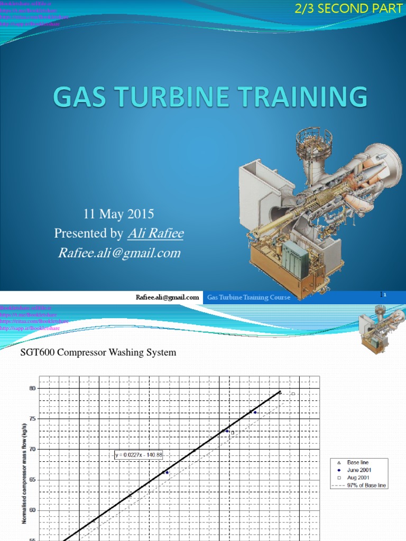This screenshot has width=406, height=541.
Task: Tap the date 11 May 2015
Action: click(x=119, y=214)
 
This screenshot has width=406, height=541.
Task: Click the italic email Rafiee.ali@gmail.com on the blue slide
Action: click(x=119, y=253)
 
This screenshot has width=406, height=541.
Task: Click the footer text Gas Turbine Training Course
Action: click(x=248, y=297)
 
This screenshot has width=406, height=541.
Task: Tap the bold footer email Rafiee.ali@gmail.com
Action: click(x=167, y=297)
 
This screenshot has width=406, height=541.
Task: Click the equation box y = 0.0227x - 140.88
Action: click(x=140, y=454)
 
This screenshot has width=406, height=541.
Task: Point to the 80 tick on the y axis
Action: click(x=32, y=388)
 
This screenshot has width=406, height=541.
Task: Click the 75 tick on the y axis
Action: click(x=32, y=419)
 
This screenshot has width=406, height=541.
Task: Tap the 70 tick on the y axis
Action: click(x=32, y=449)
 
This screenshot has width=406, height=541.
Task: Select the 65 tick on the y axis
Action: click(x=32, y=480)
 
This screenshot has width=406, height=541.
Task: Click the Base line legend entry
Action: click(x=357, y=462)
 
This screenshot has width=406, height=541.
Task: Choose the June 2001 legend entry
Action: click(x=359, y=470)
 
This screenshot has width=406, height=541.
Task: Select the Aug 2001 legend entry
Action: click(x=358, y=477)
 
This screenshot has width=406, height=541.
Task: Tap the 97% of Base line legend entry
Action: click(x=365, y=484)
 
